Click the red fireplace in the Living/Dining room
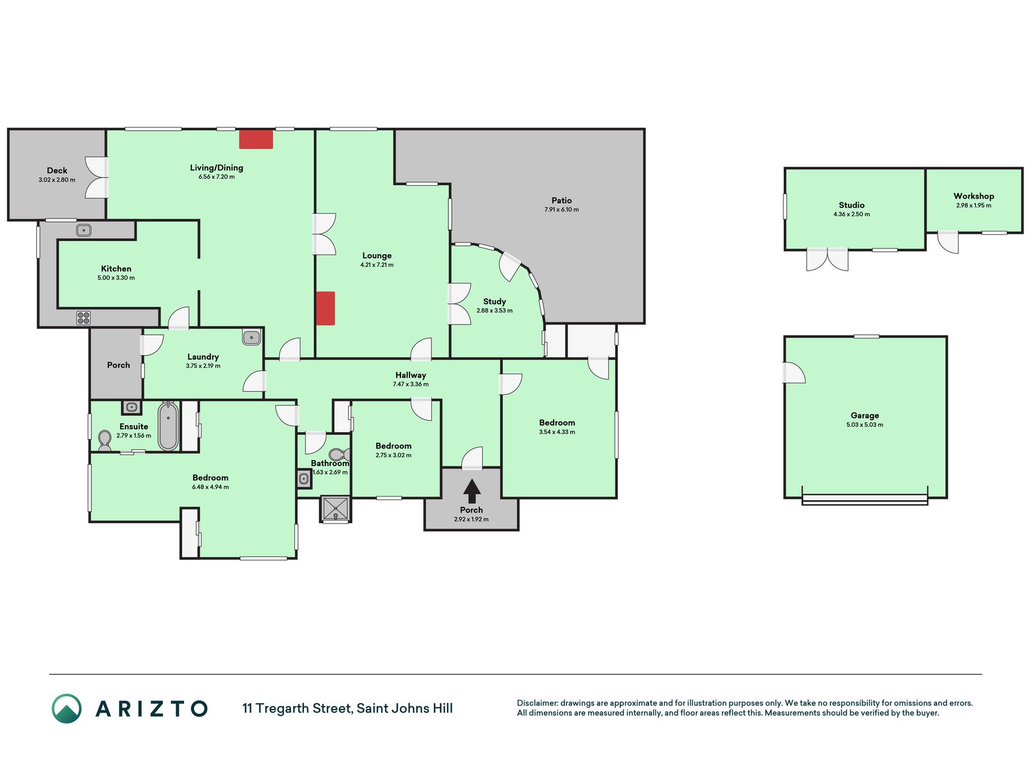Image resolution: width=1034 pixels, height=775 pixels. [256, 139]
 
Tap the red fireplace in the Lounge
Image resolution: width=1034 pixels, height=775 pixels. [325, 308]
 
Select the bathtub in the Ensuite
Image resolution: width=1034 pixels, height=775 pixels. [168, 426]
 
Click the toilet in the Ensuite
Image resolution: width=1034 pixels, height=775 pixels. [105, 440]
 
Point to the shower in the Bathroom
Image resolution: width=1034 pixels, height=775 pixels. [336, 509]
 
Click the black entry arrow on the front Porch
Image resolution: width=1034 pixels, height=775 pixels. [471, 491]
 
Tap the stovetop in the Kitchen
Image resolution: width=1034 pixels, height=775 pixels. [84, 317]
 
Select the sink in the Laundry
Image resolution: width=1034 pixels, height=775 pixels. [251, 337]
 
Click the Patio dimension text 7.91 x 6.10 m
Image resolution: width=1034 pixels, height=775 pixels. [562, 209]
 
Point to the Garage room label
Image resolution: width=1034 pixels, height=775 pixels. [864, 415]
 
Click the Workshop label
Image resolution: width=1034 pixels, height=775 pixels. [973, 196]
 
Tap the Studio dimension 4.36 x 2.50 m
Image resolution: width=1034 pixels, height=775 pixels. [852, 214]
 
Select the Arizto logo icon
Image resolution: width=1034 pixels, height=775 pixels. [67, 708]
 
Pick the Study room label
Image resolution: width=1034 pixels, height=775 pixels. [494, 302]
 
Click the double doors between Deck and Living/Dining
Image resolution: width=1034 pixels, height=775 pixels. [96, 177]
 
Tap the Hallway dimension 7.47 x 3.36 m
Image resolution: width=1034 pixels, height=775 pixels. [411, 384]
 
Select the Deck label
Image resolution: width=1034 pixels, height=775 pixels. [57, 171]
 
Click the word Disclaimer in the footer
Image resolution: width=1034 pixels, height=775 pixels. [537, 703]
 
